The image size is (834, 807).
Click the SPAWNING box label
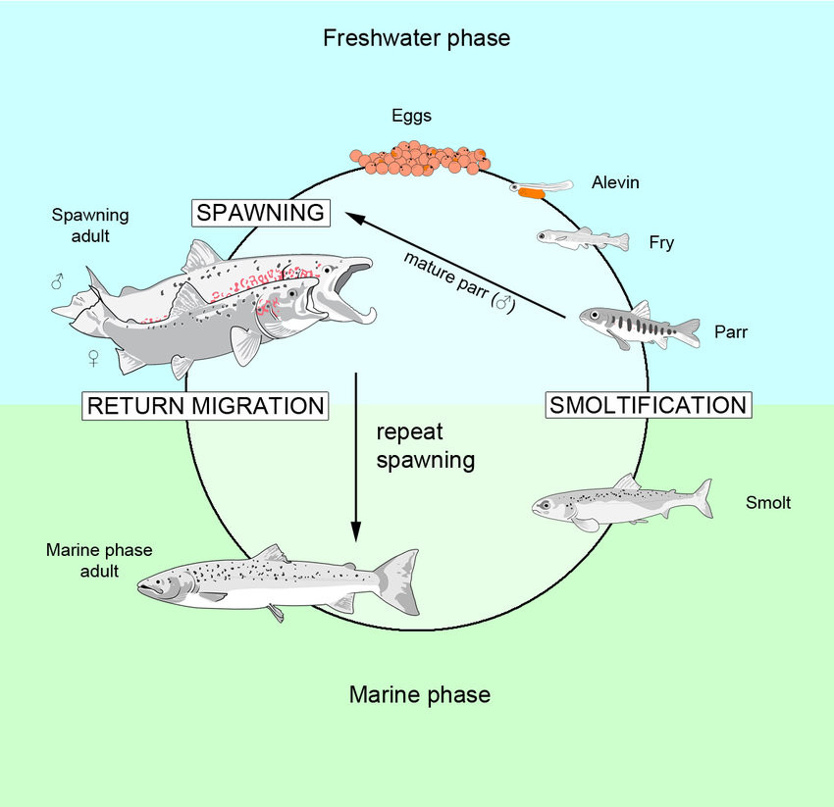261,213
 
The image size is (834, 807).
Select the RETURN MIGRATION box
205,405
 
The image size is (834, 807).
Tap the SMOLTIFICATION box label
648,404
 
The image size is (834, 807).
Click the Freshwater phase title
417,39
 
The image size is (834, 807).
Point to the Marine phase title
419,695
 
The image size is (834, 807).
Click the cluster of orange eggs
420,157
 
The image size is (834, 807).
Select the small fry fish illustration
582,238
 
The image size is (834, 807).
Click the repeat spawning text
426,445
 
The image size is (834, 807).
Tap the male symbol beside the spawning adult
57,282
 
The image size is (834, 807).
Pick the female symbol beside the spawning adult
93,358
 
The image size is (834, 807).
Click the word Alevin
616,182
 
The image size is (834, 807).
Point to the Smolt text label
768,504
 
